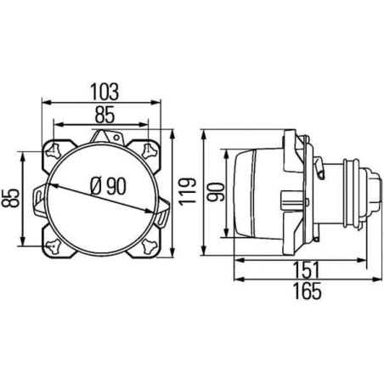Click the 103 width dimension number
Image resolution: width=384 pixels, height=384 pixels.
point(104,92)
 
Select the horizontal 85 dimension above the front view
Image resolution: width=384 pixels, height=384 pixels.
point(104,115)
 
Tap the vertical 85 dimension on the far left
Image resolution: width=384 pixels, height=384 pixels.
point(10,198)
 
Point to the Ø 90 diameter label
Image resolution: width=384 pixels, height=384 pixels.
point(108,186)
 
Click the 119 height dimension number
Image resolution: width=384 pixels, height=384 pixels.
point(187,191)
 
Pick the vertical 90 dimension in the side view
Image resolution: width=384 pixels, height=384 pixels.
point(216,192)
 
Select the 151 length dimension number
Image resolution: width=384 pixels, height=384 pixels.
point(306,270)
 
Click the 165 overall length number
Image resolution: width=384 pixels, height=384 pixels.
point(308,291)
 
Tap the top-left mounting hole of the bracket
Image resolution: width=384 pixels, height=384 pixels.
point(54,150)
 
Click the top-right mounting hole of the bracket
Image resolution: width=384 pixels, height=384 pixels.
point(150,150)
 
